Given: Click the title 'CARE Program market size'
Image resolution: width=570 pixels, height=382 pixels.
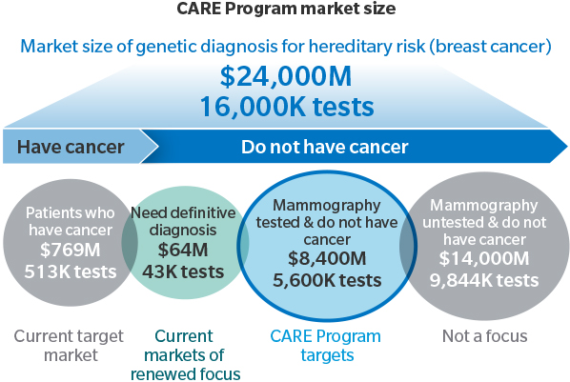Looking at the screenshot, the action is tap(286, 9).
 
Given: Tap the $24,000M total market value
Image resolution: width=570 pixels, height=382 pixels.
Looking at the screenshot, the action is tap(286, 76).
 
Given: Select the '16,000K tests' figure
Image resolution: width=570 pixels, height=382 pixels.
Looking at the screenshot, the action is tap(287, 107).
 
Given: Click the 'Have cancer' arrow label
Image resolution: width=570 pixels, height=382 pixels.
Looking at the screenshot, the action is tap(71, 147).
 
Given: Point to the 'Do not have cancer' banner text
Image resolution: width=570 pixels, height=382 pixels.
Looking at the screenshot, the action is tap(325, 147).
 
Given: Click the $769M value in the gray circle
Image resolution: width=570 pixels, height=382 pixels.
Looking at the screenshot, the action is tap(71, 250).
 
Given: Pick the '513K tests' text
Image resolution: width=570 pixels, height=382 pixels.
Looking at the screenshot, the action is tap(71, 271).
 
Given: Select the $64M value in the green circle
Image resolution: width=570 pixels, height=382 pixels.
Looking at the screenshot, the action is tap(183, 250).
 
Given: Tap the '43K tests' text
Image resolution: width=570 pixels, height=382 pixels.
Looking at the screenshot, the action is tap(183, 271).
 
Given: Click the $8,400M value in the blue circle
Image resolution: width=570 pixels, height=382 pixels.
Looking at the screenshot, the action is tap(327, 258).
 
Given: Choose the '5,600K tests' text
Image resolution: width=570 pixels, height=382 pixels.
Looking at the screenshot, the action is tap(327, 280).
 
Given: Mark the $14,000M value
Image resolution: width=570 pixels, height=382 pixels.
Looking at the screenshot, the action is tap(484, 258).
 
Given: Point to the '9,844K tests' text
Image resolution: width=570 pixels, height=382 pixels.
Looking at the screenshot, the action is tap(484, 280).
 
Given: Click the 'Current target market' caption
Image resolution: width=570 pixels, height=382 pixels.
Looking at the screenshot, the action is tap(69, 345).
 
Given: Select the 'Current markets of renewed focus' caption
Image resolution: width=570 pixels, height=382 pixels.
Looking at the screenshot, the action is tap(185, 354).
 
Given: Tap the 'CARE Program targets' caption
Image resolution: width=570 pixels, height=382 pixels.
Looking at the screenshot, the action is tap(325, 345).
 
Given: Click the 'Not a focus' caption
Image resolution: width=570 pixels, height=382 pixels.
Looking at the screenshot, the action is tap(484, 336).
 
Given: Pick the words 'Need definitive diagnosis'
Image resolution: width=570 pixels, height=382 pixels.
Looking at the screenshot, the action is tap(183, 221).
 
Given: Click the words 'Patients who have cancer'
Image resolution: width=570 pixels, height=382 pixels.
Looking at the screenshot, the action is tap(71, 221).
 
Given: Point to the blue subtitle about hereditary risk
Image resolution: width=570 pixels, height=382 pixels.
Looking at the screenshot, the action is tap(286, 47).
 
